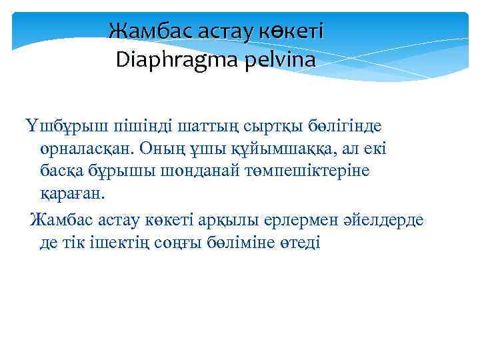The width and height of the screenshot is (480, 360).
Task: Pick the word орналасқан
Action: [x=82, y=149]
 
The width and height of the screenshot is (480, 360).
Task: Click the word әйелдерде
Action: [x=385, y=219]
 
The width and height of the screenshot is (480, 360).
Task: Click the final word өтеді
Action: [x=299, y=241]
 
